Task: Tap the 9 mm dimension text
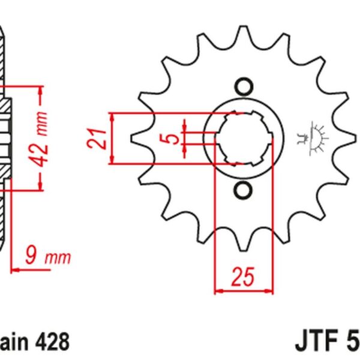48,257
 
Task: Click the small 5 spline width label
172,139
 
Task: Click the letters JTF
316,343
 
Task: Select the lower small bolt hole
243,191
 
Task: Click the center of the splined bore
243,139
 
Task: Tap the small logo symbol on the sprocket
312,139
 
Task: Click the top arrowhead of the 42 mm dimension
40,89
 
